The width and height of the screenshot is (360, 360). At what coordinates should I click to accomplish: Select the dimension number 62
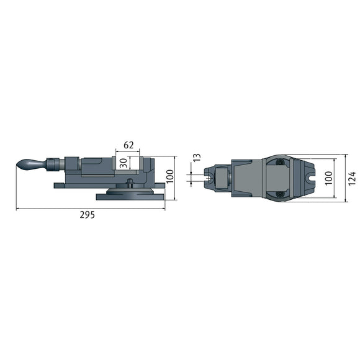(128, 145)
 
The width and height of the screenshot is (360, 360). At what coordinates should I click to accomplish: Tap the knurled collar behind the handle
(53, 165)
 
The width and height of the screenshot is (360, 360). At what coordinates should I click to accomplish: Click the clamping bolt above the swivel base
(130, 182)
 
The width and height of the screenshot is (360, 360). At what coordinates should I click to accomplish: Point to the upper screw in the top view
(281, 163)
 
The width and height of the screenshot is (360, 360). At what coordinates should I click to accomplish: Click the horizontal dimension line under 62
(127, 150)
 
